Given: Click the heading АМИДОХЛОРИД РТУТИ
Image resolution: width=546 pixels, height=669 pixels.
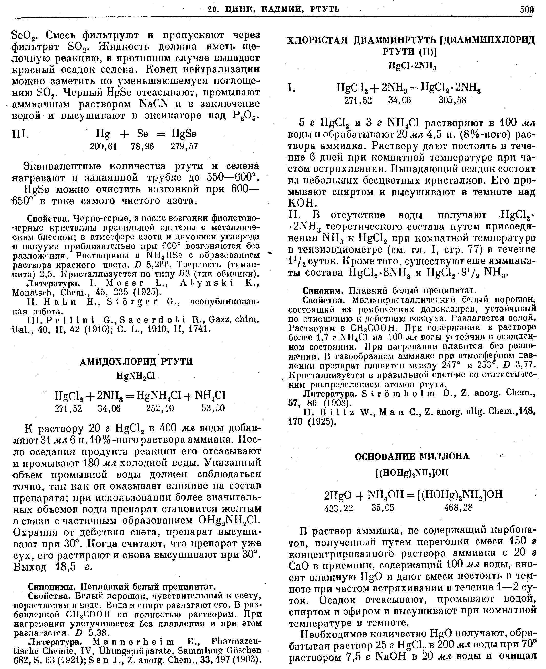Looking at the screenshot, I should tap(136, 362).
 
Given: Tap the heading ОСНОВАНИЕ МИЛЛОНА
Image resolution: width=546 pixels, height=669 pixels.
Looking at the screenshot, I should tap(412, 456).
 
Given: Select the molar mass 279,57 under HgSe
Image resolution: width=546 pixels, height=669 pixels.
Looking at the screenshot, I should tap(184, 146).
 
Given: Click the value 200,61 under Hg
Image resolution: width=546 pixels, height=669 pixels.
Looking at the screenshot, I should tap(103, 146).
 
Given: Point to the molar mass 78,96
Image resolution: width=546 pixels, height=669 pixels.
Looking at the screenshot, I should tap(143, 146).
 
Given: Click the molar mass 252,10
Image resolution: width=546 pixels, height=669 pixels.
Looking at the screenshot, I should tap(160, 408).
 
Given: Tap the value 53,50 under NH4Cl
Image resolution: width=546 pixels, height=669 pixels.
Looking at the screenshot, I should tap(213, 408).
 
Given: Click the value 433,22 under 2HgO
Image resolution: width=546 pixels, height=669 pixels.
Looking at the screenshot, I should tap(338, 507).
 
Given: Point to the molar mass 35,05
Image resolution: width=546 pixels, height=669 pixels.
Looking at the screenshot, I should tap(383, 507).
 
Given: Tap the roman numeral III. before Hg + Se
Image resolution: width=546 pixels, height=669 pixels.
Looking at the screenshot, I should tap(21, 134).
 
